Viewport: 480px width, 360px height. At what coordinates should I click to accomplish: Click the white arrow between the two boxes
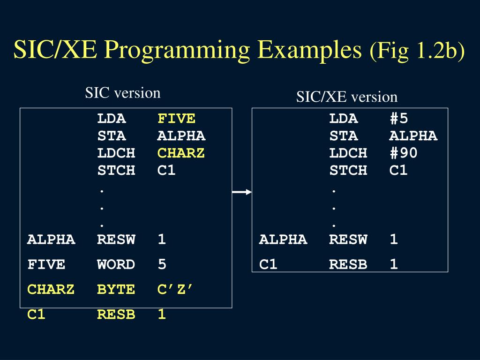coord(242,192)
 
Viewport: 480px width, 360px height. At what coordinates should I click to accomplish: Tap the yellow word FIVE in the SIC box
coord(176,119)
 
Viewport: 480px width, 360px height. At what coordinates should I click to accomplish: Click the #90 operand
coord(403,153)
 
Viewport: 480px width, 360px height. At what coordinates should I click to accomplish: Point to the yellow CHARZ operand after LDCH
coord(181,153)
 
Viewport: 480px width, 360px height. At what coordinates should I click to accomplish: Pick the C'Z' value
coord(175,290)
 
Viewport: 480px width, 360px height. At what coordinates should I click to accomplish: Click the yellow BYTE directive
coord(116,290)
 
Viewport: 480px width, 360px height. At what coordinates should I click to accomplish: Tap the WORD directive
coord(116,264)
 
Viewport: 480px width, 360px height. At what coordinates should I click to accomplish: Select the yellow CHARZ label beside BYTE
coord(51,290)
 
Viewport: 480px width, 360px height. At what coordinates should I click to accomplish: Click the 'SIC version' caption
coord(122,93)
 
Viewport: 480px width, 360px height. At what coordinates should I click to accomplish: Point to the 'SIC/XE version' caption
coord(346,97)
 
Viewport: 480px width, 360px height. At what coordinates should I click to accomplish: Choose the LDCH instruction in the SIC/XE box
coord(348,153)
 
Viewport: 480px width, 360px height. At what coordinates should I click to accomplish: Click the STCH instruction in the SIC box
coord(116,170)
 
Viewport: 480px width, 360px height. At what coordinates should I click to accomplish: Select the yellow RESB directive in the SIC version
coord(116,315)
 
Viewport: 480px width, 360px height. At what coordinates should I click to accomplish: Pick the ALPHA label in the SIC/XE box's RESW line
coord(283,240)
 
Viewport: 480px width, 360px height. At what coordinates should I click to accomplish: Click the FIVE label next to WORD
coord(46,264)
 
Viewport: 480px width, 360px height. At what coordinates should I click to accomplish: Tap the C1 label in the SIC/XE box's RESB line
coord(269,264)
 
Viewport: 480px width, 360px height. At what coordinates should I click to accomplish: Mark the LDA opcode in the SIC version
coord(111,119)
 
